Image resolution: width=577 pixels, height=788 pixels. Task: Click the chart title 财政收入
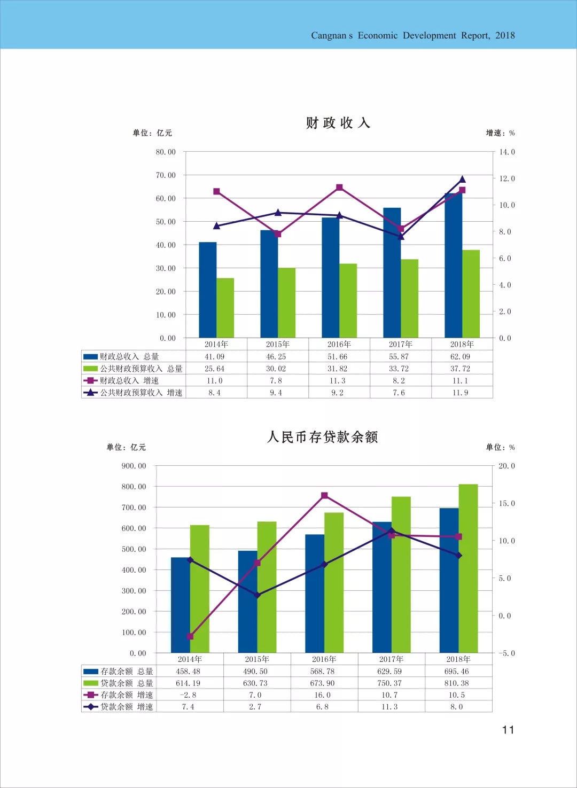tap(338, 123)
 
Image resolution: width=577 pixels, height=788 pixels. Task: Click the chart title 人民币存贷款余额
tap(323, 437)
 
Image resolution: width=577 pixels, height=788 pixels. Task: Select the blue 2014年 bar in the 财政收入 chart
tap(208, 290)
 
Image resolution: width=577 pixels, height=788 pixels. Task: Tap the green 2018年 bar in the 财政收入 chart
tap(471, 293)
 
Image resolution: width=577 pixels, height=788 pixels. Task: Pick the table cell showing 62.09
tap(460, 357)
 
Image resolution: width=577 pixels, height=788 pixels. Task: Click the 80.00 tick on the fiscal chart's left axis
tap(166, 152)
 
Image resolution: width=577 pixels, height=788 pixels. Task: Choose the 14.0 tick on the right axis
tap(507, 152)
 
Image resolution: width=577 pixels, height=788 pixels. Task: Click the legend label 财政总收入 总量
tap(129, 357)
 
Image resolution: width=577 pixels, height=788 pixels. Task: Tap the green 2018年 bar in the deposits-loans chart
tap(468, 568)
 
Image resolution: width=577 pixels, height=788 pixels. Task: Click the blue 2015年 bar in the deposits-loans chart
tap(247, 602)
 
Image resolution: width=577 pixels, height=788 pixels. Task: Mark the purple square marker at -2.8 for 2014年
tap(190, 636)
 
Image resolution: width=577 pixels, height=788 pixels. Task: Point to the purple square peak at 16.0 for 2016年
tap(324, 496)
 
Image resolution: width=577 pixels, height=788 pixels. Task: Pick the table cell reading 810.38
tap(456, 683)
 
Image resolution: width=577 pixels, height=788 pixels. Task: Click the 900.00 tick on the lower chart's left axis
tap(134, 466)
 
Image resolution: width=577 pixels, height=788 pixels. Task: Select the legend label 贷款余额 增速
tap(127, 707)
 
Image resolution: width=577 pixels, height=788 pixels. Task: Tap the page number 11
tap(508, 730)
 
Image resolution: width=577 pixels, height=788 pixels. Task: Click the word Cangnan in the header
tap(329, 36)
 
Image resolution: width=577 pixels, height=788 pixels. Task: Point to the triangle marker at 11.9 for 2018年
tap(462, 180)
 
